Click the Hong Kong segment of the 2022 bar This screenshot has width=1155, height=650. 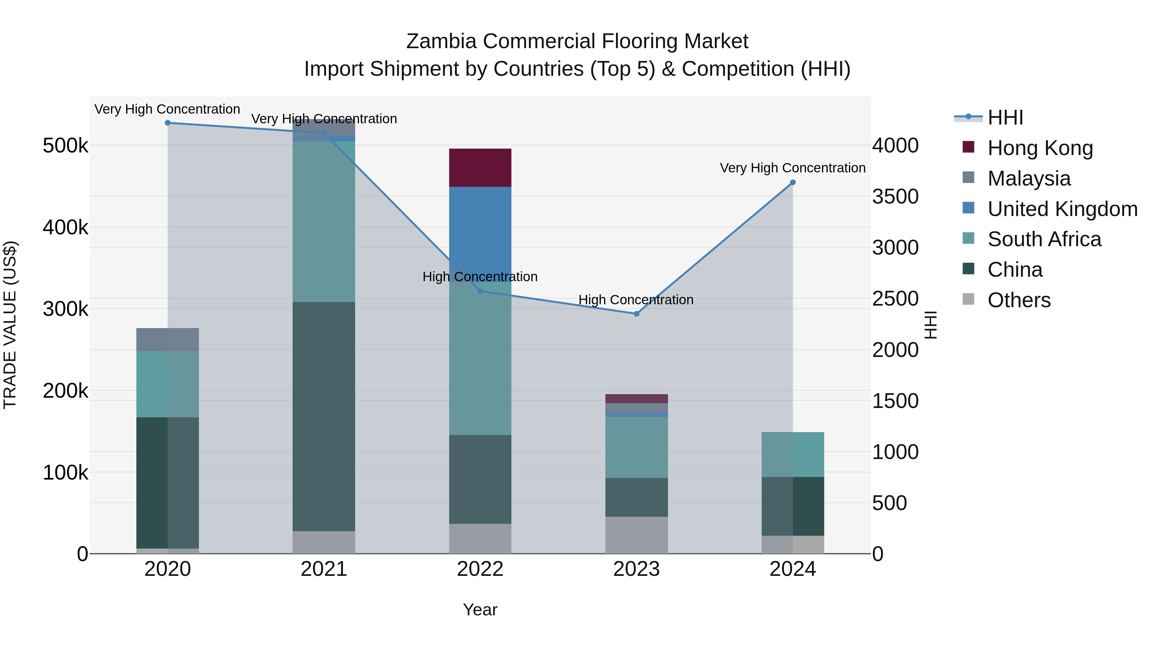tap(480, 167)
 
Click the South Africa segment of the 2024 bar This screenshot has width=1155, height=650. tap(793, 455)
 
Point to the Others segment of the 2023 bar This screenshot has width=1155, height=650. tap(636, 535)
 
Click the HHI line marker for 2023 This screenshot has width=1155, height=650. tap(636, 314)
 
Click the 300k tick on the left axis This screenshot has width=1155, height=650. tap(65, 309)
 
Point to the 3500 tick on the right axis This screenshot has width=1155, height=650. tap(895, 196)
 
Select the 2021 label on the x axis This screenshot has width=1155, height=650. tap(324, 569)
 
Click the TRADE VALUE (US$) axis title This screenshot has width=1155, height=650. tap(10, 325)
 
